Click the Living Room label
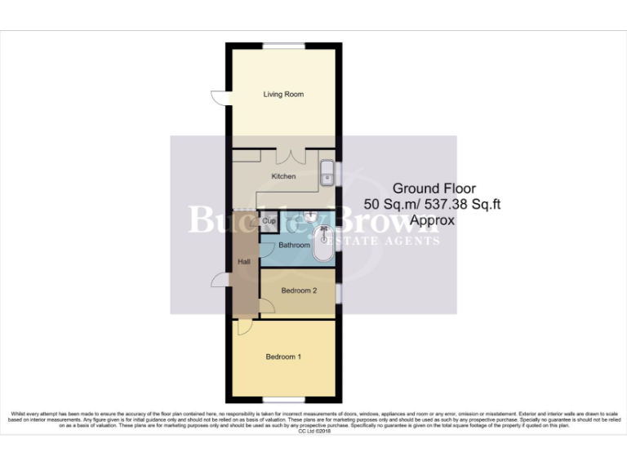(283, 95)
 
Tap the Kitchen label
(283, 176)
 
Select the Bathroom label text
(294, 245)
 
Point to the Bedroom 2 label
(298, 290)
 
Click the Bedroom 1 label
(283, 357)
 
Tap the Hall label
(243, 262)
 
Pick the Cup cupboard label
(268, 221)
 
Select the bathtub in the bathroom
(324, 244)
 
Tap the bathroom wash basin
(310, 216)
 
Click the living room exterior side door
(219, 97)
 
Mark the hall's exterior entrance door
(219, 281)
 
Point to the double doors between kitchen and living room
(290, 155)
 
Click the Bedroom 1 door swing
(244, 327)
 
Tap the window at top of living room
(283, 43)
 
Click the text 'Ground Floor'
(423, 188)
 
